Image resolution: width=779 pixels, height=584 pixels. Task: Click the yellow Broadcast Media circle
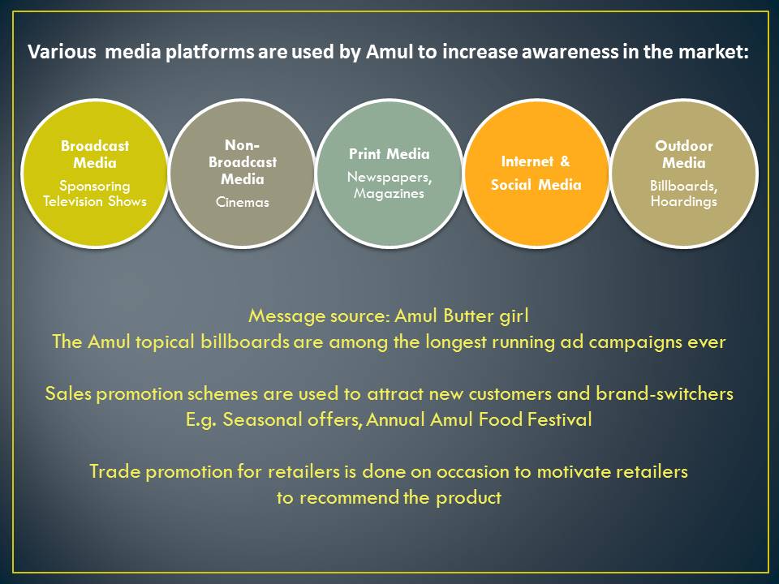coord(95,174)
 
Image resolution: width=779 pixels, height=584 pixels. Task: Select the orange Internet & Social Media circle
coord(536,174)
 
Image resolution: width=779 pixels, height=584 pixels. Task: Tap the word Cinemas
coord(243,202)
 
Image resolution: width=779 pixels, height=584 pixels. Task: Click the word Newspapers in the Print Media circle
coord(389,178)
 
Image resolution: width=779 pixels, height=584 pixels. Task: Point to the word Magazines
coord(389,194)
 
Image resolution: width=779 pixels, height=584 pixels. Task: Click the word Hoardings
coord(684,202)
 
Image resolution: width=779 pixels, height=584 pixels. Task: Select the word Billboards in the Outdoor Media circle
coord(683,186)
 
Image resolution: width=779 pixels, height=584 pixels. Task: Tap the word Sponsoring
coord(95,187)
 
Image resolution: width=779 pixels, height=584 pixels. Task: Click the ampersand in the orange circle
coord(565,161)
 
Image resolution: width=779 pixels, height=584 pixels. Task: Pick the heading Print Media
coord(389,154)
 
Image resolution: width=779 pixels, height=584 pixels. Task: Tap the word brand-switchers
coord(665,394)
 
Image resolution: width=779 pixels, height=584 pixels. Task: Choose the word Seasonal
coord(262,419)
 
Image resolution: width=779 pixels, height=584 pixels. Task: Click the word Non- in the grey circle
coord(243,145)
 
